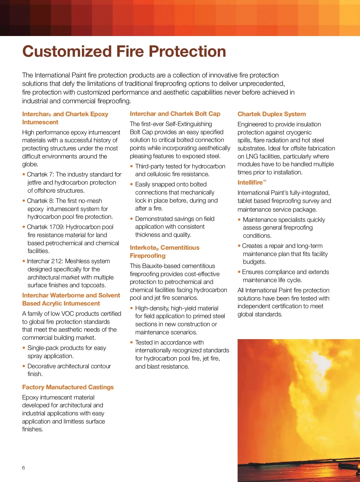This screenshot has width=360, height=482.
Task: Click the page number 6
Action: click(x=24, y=468)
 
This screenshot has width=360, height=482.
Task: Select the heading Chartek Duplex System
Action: click(x=271, y=114)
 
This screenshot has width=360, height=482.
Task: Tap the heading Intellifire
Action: click(x=250, y=182)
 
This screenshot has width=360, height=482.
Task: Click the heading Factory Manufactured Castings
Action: click(x=68, y=387)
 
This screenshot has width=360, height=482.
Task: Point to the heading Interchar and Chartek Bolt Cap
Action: click(x=175, y=114)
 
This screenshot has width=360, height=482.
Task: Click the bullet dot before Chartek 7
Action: click(x=24, y=174)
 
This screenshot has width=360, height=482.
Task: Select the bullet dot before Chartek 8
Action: click(x=24, y=201)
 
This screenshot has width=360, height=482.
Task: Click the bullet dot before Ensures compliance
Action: click(x=239, y=272)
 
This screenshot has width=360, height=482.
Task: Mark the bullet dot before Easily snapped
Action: click(x=131, y=184)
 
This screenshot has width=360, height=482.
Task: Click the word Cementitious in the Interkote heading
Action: click(x=180, y=248)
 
